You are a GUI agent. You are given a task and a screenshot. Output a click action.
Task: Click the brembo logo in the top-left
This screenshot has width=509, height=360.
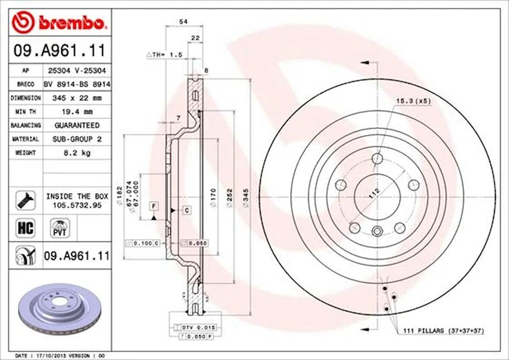click(59, 23)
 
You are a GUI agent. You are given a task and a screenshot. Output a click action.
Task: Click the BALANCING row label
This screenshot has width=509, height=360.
click(26, 125)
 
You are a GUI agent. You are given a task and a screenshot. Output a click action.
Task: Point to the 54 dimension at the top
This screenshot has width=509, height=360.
click(184, 21)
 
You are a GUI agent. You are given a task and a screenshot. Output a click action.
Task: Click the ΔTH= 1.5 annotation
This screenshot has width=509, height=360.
click(165, 55)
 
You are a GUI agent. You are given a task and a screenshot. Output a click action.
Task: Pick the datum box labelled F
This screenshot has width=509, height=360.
click(154, 206)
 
